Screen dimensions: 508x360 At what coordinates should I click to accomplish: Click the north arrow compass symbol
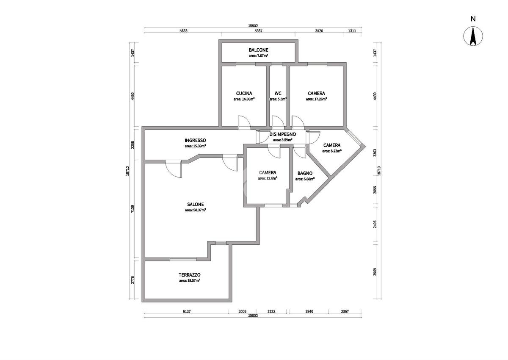tap(473, 36)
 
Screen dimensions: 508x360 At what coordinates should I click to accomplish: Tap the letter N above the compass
tap(473, 19)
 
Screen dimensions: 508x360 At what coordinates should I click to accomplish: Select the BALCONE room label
tap(258, 50)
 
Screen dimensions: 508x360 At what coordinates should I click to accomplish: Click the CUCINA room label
tap(244, 93)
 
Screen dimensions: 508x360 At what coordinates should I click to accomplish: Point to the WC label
tap(278, 93)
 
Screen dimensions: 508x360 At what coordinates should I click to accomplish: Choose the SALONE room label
tap(195, 205)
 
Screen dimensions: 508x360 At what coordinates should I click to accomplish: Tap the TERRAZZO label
tap(189, 275)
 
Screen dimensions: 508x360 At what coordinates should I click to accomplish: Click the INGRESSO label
tap(195, 141)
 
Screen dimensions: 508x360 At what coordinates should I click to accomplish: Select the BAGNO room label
tap(305, 173)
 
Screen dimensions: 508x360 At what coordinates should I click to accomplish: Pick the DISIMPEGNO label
tap(283, 134)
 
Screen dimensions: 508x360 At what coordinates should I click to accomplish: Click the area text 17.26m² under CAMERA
tap(316, 99)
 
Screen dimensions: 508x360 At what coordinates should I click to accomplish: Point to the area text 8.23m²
tap(332, 151)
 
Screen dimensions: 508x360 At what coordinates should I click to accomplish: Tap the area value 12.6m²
tap(268, 178)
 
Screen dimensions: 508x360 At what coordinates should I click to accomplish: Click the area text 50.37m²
tap(195, 210)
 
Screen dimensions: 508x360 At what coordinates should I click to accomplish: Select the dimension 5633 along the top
tap(183, 31)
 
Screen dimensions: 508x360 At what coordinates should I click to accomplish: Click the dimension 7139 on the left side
tap(133, 209)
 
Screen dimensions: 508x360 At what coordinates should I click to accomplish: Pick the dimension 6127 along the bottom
tap(187, 311)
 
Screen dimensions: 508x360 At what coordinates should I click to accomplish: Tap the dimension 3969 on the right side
tap(375, 272)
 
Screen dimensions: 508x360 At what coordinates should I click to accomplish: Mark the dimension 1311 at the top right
tap(352, 31)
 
